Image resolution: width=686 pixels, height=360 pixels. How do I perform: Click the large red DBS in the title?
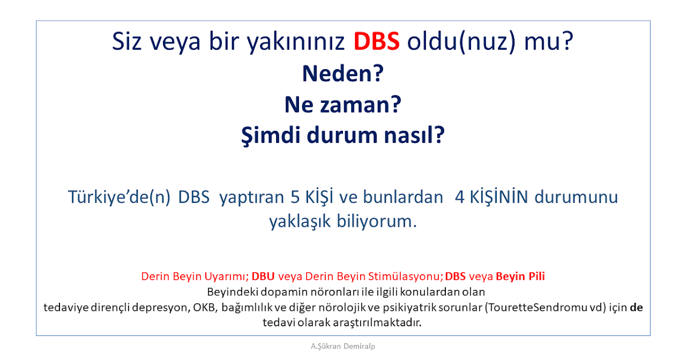tap(377, 41)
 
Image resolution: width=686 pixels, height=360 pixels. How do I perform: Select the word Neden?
tap(343, 74)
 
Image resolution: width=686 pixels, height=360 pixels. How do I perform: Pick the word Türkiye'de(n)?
tap(119, 197)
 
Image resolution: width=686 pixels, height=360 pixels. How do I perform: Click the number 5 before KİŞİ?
tap(295, 197)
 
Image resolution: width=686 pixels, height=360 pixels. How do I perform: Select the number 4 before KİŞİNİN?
tap(460, 197)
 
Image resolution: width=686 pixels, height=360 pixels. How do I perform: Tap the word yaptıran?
tap(252, 198)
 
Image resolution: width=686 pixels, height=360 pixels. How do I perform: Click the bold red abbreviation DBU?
tap(263, 277)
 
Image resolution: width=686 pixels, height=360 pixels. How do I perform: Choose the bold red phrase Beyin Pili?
tap(520, 277)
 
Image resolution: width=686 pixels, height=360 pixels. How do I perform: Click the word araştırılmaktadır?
tap(377, 323)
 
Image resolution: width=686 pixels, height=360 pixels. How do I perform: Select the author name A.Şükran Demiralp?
tap(342, 346)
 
